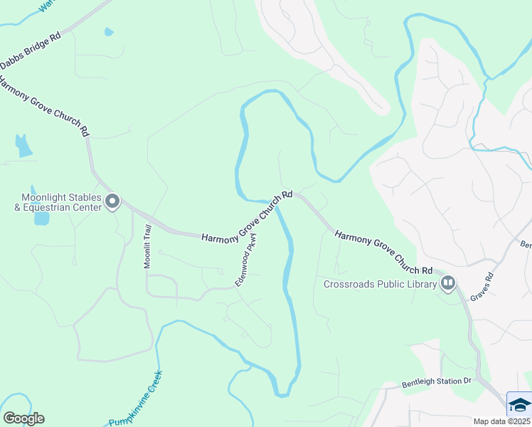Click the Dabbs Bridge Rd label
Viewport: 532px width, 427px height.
30,51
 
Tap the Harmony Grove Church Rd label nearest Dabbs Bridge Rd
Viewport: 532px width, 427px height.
44,106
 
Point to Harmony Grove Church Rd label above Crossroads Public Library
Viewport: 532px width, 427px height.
383,253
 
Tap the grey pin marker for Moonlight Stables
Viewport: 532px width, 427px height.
112,202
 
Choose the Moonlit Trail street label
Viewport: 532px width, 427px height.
148,246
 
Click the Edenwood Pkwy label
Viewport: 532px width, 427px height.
246,265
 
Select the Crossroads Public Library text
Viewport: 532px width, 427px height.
380,285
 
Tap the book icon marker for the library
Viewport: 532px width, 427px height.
447,285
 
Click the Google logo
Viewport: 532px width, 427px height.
23,418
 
